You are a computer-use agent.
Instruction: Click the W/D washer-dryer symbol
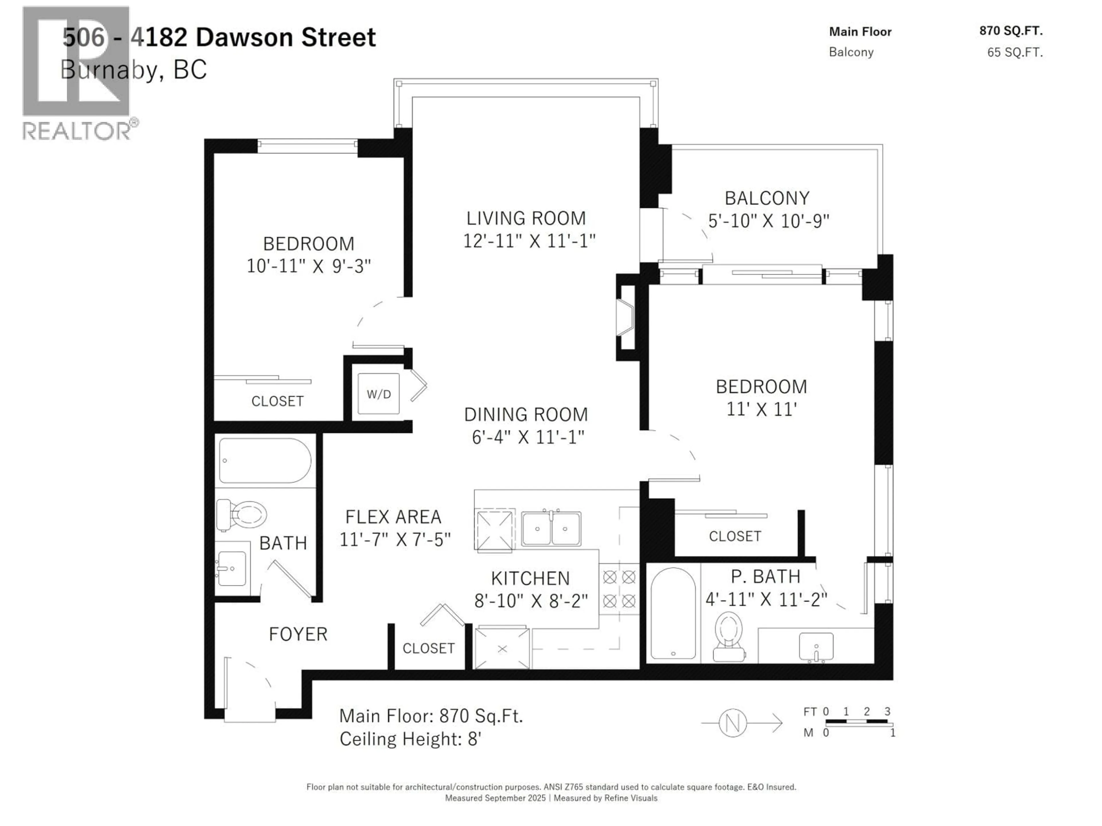[379, 394]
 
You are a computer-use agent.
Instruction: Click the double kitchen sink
[551, 529]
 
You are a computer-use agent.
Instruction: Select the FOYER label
[298, 634]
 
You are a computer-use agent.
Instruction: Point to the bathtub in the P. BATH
[673, 613]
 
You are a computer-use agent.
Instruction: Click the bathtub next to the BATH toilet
[265, 461]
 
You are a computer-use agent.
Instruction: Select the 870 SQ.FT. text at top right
[1011, 31]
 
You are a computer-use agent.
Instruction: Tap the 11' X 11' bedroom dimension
[761, 409]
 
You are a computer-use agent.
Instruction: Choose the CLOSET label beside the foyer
[428, 648]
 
